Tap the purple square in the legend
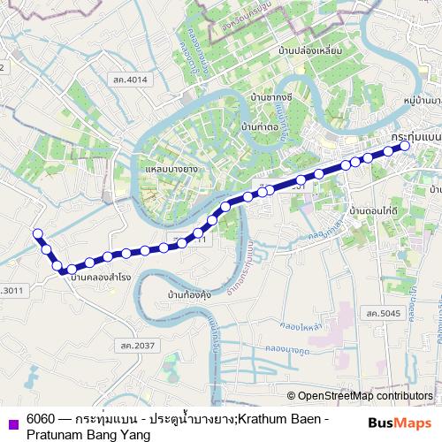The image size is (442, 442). pyautogui.click(x=10, y=423)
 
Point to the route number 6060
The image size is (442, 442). pyautogui.click(x=42, y=417)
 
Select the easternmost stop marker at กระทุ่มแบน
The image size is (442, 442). pyautogui.click(x=406, y=147)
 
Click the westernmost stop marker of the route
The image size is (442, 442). pyautogui.click(x=37, y=234)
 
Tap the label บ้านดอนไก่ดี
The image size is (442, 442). pyautogui.click(x=373, y=212)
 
